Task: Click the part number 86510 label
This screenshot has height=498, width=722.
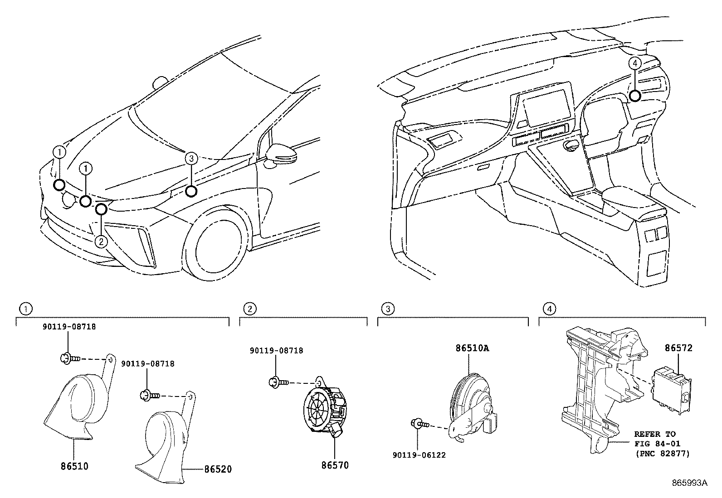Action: tap(74, 466)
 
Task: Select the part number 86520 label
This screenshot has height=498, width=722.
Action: tap(218, 469)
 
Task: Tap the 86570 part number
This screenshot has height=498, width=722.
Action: tap(335, 465)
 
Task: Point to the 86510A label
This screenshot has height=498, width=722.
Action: tap(472, 348)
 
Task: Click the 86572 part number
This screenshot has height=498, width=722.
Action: tap(678, 348)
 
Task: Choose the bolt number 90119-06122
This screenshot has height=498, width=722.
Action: tap(419, 455)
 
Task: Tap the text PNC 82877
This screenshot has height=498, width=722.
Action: tap(663, 454)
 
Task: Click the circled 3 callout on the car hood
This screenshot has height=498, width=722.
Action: tap(191, 159)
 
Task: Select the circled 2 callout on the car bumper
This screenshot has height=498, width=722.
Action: tap(101, 241)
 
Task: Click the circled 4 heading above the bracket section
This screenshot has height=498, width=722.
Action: tap(550, 309)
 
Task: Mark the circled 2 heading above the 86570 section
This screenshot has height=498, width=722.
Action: tap(250, 309)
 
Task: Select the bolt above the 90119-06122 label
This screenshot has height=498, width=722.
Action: tap(420, 424)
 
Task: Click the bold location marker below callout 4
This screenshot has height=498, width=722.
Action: tap(635, 96)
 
